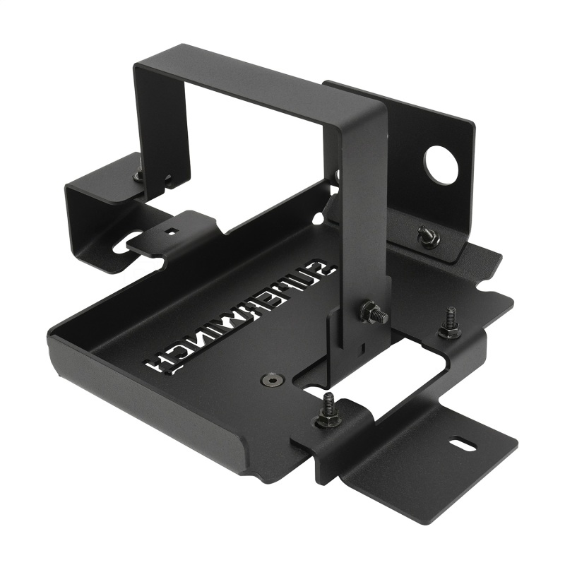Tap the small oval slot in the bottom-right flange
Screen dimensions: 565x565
460,446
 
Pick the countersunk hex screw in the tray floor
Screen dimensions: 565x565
270,381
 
